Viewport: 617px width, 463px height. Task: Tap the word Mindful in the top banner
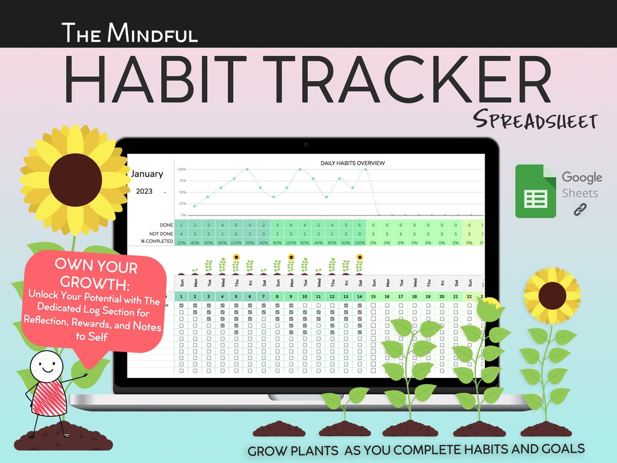pos(154,33)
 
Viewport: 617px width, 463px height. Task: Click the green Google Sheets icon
pos(535,191)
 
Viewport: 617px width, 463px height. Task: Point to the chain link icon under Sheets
pos(580,210)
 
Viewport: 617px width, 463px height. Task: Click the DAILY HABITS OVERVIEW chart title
pos(352,163)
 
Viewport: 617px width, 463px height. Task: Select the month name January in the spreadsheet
pos(147,174)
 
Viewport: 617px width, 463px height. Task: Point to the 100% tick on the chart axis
pos(182,170)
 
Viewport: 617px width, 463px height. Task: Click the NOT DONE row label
pos(162,233)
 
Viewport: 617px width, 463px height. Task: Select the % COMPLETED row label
pos(158,242)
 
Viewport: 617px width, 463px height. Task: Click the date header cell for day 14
pos(359,296)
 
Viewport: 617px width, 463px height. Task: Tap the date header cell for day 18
pos(414,296)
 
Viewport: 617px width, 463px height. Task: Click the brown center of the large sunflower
pos(75,180)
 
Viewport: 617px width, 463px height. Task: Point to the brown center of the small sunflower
pos(552,294)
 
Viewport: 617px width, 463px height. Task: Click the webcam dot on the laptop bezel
pos(307,145)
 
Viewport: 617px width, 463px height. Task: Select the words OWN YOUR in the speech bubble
pos(96,267)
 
